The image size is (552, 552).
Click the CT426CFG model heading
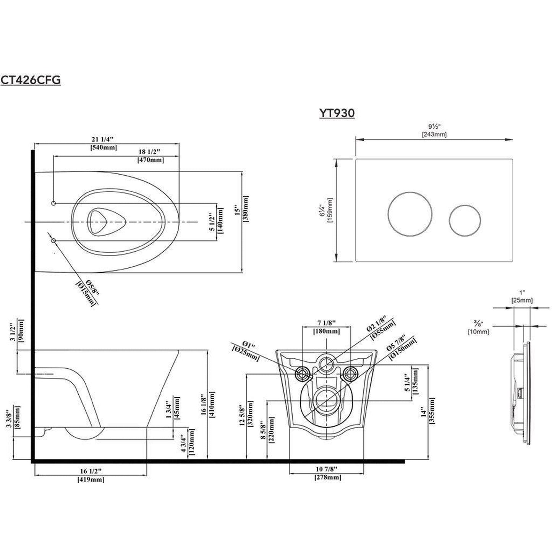(x=31, y=80)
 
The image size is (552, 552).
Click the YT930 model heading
(x=337, y=113)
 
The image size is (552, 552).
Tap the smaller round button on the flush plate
(x=465, y=220)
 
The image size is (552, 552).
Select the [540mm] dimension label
(x=104, y=147)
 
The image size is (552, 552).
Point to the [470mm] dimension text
(x=151, y=160)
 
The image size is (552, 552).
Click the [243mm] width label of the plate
(x=434, y=134)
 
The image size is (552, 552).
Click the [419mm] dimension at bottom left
(x=91, y=479)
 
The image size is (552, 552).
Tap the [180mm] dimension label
(x=327, y=332)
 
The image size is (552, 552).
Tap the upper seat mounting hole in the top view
(x=53, y=203)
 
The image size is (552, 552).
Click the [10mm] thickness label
(x=478, y=332)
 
